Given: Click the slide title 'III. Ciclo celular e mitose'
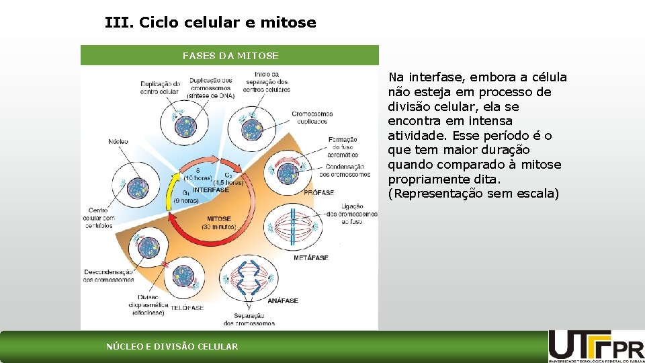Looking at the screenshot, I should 210,23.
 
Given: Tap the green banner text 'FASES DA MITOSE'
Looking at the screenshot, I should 230,55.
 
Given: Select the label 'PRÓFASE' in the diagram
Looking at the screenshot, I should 318,192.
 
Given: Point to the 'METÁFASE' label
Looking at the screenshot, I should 311,258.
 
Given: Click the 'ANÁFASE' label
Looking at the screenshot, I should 283,300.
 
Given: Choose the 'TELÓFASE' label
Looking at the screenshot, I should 187,307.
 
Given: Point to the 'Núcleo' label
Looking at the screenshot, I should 118,142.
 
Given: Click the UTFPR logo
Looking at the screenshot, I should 596,346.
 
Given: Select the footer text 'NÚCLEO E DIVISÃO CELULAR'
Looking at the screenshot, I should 172,347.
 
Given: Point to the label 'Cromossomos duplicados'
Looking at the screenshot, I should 313,118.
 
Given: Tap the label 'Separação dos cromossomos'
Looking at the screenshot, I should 249,319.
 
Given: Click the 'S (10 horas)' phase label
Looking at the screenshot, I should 198,173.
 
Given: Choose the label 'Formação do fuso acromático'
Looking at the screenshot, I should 343,147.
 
